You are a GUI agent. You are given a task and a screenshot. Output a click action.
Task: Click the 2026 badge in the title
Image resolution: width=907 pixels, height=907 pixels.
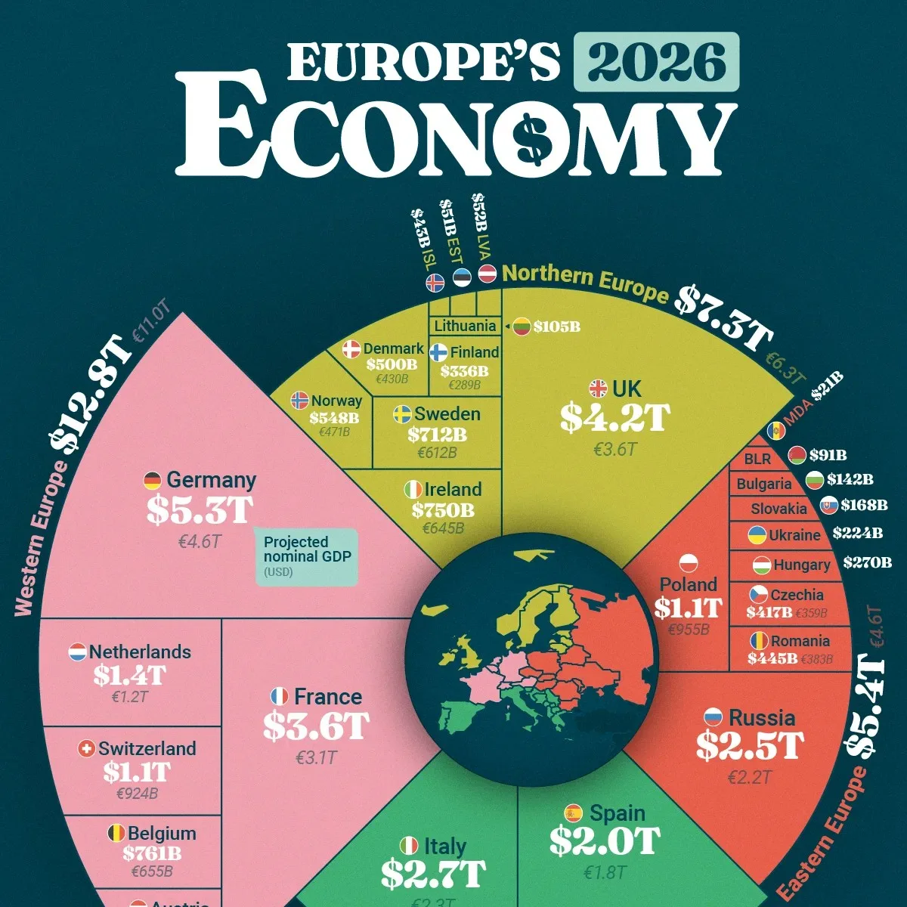point(656,62)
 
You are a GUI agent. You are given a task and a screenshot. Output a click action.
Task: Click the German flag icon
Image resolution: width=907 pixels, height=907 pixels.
point(153,481)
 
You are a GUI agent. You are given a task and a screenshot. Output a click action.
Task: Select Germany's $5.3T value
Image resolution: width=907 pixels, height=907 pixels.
point(200,510)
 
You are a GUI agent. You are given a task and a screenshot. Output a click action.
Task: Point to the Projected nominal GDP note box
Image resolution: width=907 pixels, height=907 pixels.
point(306,556)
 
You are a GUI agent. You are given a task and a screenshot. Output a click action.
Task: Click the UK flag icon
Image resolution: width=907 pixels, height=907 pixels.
point(598,389)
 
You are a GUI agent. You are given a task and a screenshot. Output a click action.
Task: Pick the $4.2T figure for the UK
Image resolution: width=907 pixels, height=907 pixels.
point(614,418)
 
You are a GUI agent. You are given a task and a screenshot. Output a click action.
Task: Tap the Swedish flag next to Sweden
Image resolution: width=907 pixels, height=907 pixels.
point(402,414)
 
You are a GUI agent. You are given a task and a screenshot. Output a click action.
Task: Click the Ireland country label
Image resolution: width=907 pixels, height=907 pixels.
point(453,489)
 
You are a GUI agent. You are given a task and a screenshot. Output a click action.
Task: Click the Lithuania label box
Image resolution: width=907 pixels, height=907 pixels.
point(465,326)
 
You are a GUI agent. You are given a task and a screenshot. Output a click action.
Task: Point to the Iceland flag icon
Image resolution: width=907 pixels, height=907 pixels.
point(435,282)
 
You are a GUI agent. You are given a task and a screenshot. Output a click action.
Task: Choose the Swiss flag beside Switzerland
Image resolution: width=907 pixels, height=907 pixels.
point(87,749)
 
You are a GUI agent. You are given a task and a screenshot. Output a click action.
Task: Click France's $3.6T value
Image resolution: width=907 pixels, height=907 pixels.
point(315,726)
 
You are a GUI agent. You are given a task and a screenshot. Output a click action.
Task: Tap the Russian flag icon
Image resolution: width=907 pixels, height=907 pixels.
point(713,717)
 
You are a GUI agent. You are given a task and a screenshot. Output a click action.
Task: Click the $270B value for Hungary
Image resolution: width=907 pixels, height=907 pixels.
point(867,562)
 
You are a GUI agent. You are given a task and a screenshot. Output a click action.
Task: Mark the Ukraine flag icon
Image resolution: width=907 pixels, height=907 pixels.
point(757,535)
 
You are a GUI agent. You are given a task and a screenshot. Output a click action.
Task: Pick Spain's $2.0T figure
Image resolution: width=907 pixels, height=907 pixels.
point(604,841)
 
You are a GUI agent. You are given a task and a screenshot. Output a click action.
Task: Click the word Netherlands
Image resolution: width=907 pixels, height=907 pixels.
point(140,652)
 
